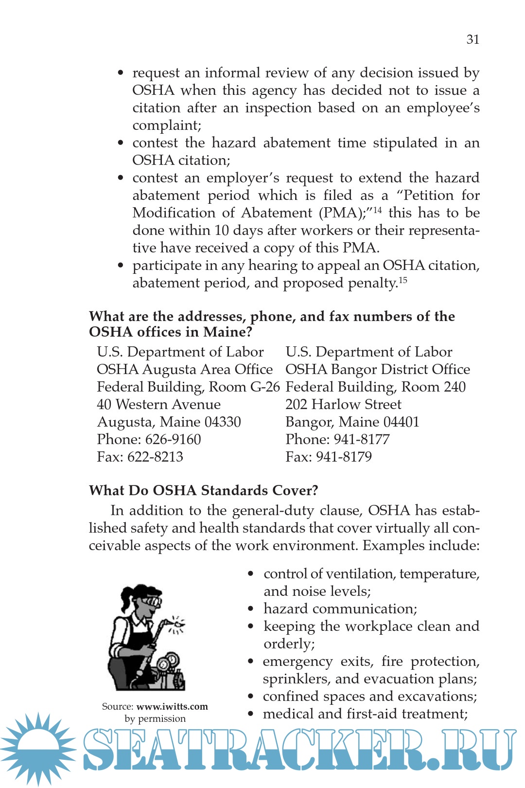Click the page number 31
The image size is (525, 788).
coord(472,39)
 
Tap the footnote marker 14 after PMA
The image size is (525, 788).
coord(377,210)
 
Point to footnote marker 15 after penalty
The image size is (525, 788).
coord(402,280)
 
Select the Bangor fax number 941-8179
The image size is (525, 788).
coord(344,457)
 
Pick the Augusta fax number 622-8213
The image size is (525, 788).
coord(155,457)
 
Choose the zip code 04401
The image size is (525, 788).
coord(401,422)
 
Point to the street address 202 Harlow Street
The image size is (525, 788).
coord(343,404)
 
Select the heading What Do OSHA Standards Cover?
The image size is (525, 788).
coord(203,490)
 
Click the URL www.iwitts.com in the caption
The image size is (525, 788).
coord(172,706)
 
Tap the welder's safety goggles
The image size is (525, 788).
coord(153,602)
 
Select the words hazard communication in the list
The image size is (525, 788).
coord(340,609)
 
